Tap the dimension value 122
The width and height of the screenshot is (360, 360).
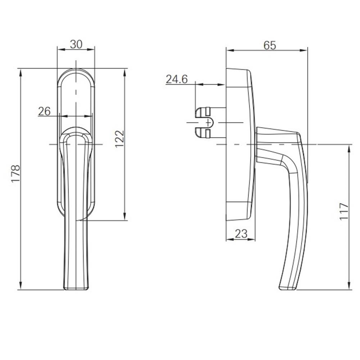(120, 138)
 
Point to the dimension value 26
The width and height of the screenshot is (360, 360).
(44, 111)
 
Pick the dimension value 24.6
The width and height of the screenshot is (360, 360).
(176, 79)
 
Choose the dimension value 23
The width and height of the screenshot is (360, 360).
(241, 234)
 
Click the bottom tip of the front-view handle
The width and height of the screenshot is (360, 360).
(76, 288)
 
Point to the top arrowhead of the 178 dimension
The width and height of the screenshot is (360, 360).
(21, 71)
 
